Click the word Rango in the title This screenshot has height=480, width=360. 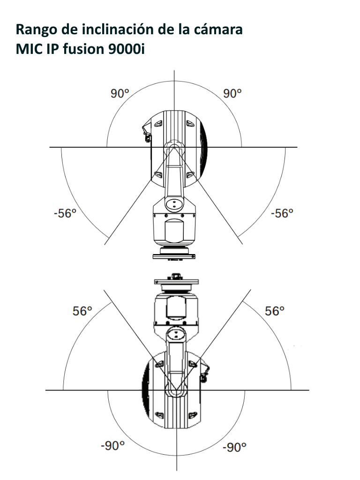click(x=37, y=30)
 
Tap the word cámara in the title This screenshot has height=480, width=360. click(x=217, y=30)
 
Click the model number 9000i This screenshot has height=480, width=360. click(x=127, y=49)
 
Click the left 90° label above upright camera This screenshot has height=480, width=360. click(x=120, y=93)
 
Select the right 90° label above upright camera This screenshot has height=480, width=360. click(x=232, y=93)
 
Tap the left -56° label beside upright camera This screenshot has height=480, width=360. click(x=65, y=213)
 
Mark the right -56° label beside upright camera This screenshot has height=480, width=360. click(x=282, y=213)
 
